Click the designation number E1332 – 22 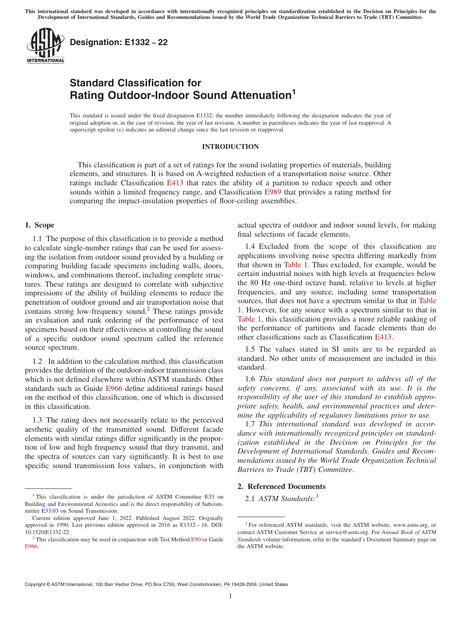click(118, 43)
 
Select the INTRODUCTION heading click(230, 147)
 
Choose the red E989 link click(272, 192)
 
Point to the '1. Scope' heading click(39, 225)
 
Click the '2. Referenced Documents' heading click(281, 487)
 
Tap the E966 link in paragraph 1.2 click(114, 389)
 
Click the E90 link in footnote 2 click(196, 539)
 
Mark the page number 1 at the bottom click(230, 596)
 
